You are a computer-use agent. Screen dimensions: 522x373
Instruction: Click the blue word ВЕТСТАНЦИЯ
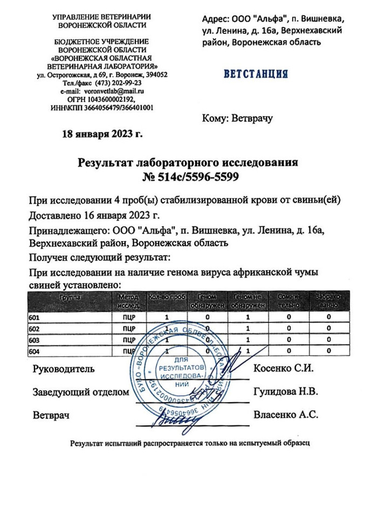click(x=255, y=74)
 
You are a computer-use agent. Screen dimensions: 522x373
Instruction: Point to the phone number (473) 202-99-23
click(x=119, y=84)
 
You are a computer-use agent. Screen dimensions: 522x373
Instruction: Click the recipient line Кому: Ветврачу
click(x=237, y=118)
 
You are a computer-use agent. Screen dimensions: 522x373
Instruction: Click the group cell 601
click(x=34, y=318)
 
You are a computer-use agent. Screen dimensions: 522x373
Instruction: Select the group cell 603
click(x=34, y=340)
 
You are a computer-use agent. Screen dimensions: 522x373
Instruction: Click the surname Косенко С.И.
click(x=283, y=369)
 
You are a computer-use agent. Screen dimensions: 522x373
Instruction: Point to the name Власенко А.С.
click(x=285, y=415)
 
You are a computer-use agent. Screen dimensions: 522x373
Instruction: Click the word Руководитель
click(x=64, y=369)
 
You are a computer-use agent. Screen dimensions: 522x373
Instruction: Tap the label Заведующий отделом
click(x=81, y=393)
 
